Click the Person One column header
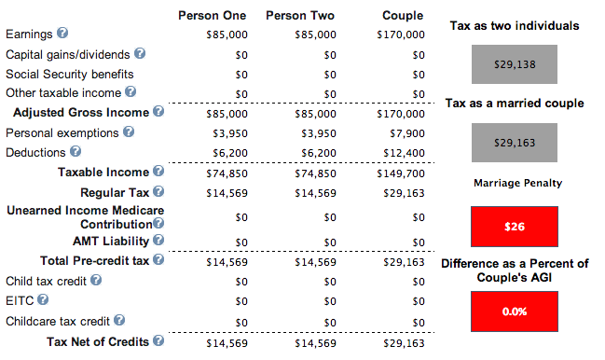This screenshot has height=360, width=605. [212, 16]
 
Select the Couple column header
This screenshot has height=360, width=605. [403, 16]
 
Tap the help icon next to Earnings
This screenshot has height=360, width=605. [62, 33]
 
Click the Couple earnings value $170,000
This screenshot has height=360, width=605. [401, 35]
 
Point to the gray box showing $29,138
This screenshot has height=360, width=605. [515, 64]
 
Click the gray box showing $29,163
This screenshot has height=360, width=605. [515, 143]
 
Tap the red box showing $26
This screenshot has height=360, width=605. [515, 227]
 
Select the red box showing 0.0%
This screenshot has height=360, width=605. [515, 312]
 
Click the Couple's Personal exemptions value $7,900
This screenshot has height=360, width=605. [407, 133]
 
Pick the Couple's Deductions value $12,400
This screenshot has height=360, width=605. [404, 153]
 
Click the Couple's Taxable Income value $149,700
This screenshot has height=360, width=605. [401, 173]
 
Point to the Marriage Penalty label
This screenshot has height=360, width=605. [517, 183]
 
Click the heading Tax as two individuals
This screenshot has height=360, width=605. [515, 26]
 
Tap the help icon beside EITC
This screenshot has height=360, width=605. [43, 299]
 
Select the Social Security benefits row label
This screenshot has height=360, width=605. [70, 74]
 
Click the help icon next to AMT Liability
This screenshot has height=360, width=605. [158, 240]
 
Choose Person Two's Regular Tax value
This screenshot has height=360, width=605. [315, 193]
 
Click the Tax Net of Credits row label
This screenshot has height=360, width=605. [98, 342]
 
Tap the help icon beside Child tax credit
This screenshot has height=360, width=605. [96, 280]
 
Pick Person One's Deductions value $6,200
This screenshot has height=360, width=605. [230, 153]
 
